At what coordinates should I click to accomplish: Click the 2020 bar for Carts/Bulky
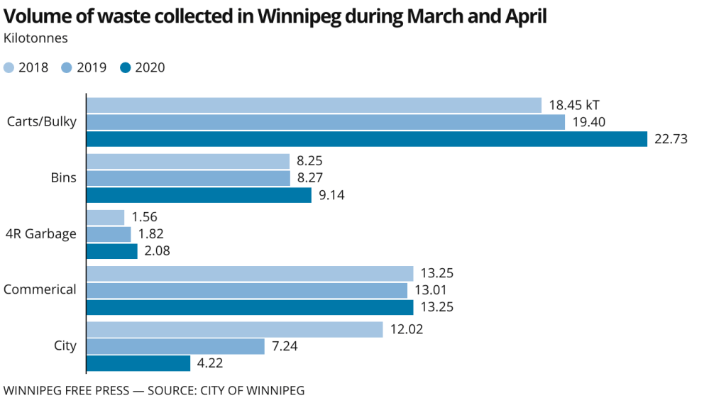(x=366, y=139)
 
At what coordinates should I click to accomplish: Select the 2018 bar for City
(x=234, y=329)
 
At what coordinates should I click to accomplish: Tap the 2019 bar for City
(x=175, y=346)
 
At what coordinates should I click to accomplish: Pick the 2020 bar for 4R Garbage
(x=111, y=250)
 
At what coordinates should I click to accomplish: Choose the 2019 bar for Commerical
(x=246, y=290)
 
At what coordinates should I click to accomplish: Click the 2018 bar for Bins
(x=187, y=161)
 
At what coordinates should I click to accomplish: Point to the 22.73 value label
(x=671, y=139)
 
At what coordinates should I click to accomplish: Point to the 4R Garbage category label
(x=40, y=233)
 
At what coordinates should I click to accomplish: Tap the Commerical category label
(x=40, y=289)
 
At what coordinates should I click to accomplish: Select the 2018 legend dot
(x=9, y=68)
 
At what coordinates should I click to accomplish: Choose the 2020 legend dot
(x=125, y=68)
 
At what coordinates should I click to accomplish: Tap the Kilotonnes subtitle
(x=35, y=38)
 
